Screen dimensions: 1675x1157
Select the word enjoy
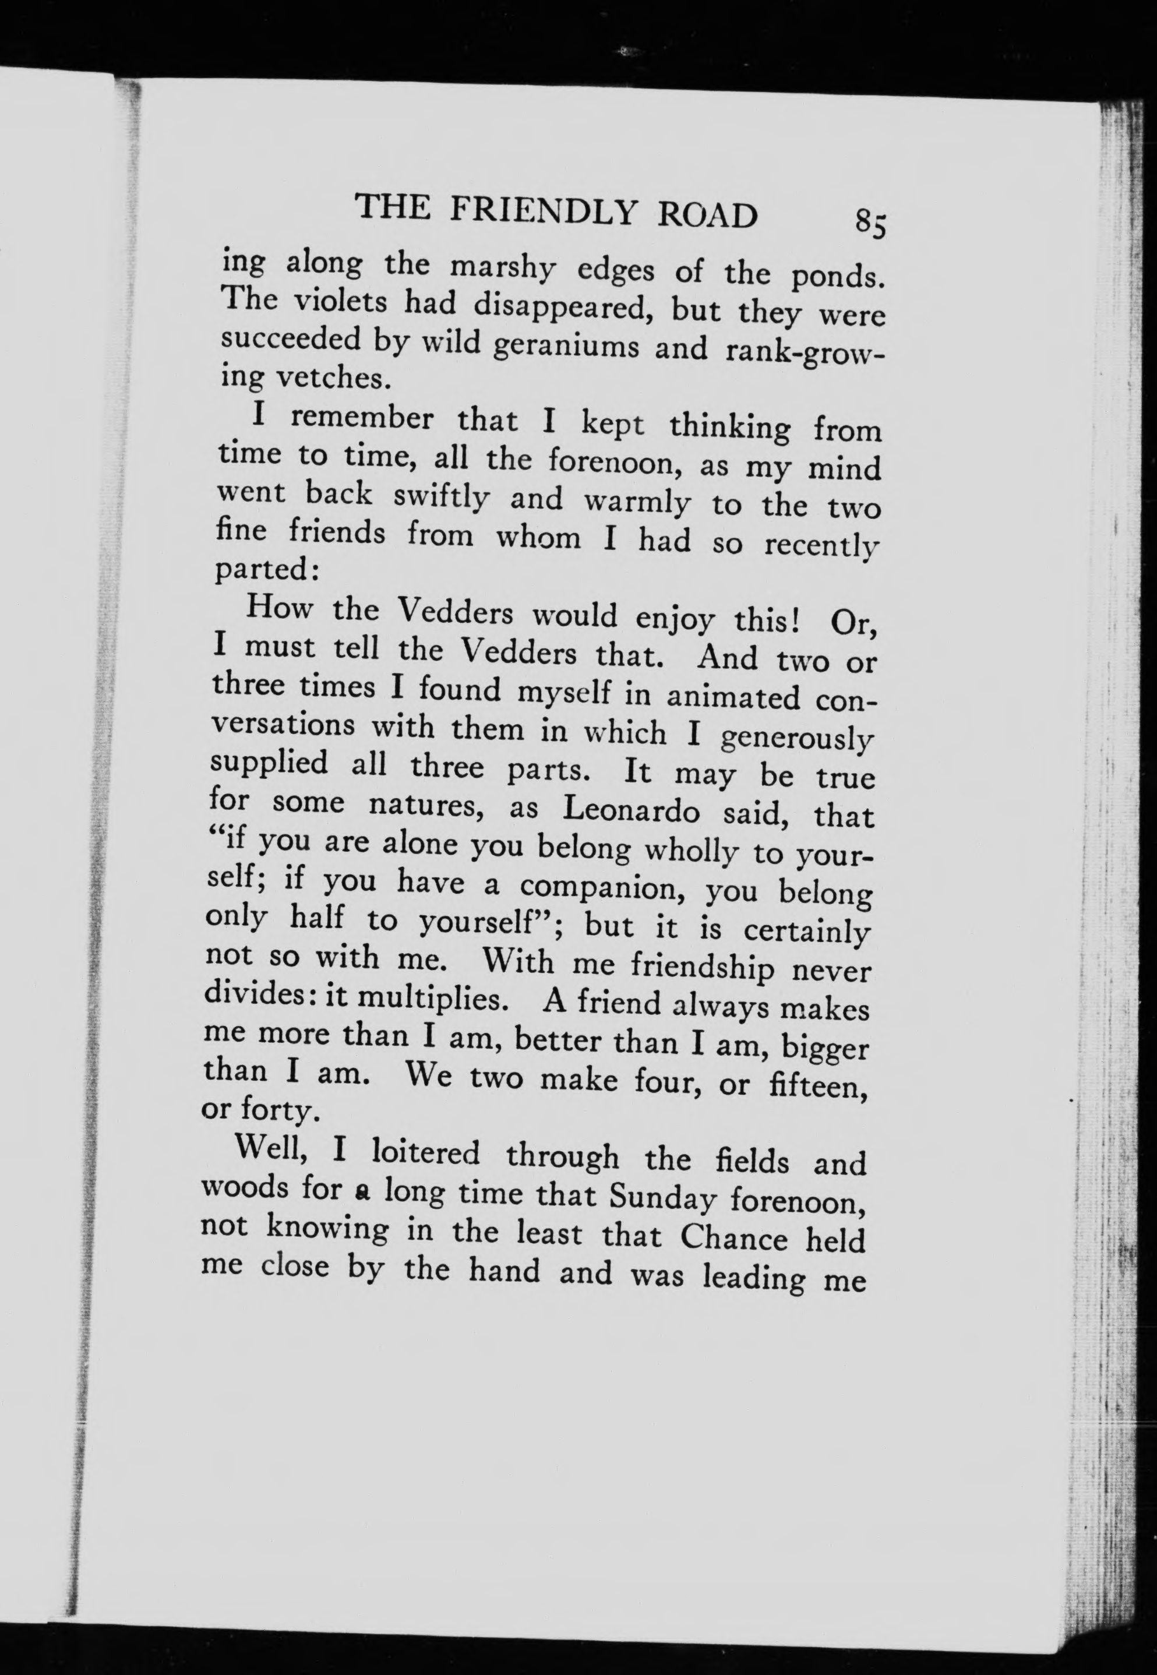pos(673,620)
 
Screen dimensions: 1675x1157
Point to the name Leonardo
pos(631,810)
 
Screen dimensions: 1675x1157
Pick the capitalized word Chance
pos(733,1236)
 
